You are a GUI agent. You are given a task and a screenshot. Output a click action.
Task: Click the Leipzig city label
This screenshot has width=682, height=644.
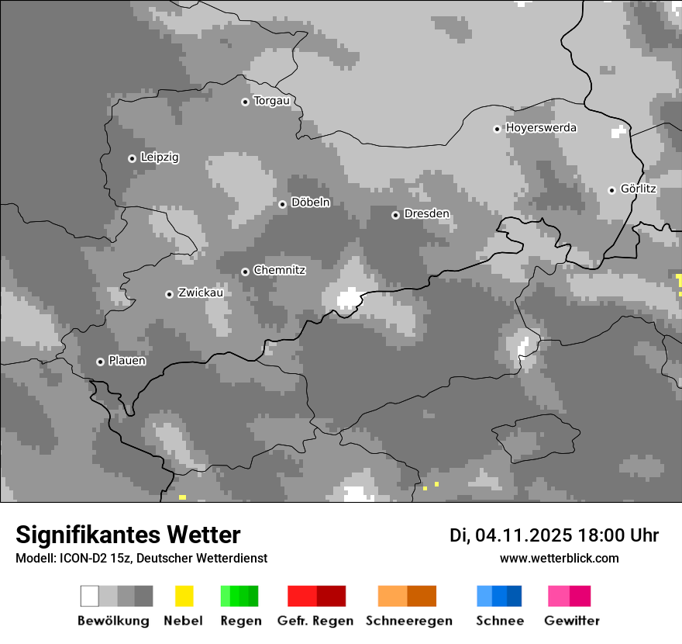click(160, 158)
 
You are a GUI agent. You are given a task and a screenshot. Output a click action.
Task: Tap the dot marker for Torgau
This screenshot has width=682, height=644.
click(245, 102)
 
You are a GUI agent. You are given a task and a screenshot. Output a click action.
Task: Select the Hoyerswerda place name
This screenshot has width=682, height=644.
click(541, 128)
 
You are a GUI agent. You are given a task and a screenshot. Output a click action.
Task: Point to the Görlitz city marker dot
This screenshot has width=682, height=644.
click(611, 190)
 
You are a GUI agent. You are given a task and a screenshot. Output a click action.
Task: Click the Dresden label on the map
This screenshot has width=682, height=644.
click(426, 214)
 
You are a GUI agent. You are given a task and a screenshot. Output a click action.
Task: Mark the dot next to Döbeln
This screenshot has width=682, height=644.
click(282, 204)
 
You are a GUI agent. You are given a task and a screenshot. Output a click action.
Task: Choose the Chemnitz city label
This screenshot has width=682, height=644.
click(279, 271)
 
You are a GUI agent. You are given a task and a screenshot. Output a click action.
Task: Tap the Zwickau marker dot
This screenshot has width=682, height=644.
click(169, 294)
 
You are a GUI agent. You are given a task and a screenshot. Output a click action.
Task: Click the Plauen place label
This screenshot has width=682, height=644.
click(127, 361)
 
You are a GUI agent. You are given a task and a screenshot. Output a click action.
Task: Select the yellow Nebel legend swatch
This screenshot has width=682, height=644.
click(184, 596)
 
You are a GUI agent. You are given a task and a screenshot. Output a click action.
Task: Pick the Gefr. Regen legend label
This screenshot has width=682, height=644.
click(315, 621)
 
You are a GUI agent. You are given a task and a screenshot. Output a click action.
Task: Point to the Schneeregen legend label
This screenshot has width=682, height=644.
click(409, 621)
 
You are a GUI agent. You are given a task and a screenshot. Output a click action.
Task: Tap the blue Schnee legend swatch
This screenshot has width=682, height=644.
click(499, 596)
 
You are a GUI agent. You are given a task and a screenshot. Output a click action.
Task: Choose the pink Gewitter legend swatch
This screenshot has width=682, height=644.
click(569, 596)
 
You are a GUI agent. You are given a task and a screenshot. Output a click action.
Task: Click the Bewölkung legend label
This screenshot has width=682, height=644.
click(113, 621)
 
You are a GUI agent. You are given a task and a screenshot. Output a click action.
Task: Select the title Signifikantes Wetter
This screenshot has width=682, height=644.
click(128, 535)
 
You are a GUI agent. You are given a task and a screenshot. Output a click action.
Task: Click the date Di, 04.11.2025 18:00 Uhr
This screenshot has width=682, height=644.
click(553, 535)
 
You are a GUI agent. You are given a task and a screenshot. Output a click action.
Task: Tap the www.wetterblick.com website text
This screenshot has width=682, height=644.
click(559, 559)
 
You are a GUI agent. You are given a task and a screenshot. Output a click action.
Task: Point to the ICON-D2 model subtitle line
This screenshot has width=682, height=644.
click(141, 559)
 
